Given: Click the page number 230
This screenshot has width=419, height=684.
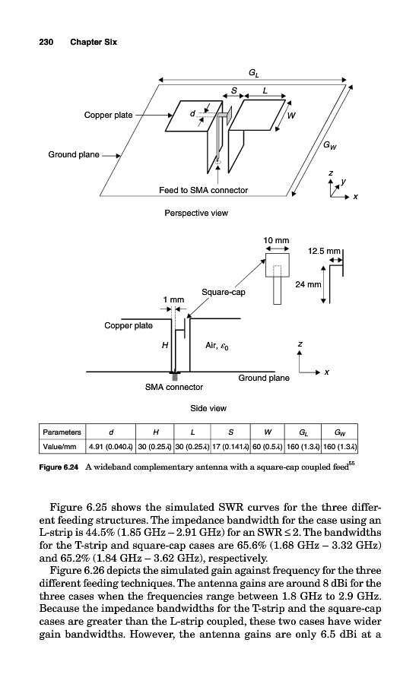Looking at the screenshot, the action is pos(46,42).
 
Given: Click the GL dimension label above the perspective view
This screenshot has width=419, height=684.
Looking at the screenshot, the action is pos(253,73).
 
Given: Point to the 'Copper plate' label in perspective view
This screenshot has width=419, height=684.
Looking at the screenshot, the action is pos(108,116).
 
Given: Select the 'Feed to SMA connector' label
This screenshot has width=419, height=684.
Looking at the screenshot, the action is pos(203,190).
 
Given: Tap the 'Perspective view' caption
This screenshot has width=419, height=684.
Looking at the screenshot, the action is pos(196,213).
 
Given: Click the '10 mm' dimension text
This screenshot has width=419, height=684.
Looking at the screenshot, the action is pos(276,240).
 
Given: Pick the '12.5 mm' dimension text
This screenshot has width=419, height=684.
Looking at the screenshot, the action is pos(324,252).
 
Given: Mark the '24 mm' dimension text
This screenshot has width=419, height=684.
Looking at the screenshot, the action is pos(308,284).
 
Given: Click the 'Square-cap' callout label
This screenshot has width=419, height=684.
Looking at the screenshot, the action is pos(223,293).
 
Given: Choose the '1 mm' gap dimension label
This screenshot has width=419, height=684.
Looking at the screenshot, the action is pos(173,299).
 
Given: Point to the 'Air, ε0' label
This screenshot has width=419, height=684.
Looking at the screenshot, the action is pos(217,346).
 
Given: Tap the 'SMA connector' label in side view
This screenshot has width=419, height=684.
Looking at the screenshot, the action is pos(173,387).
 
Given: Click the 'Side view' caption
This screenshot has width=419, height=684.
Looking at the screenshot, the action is pos(208,408).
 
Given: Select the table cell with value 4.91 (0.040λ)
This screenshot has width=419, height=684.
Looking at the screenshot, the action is pos(110,447).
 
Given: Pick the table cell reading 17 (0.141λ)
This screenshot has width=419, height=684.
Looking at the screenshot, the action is pos(230,447).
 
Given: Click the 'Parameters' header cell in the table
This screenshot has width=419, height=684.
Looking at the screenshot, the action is pos(62,432).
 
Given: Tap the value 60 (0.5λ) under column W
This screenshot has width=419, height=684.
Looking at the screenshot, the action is pos(268,447).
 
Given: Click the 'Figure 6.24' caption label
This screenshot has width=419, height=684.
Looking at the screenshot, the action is pos(59,467).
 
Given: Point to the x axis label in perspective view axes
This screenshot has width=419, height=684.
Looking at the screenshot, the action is pos(356,197).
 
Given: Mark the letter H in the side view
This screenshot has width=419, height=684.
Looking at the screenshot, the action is pos(165,346).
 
